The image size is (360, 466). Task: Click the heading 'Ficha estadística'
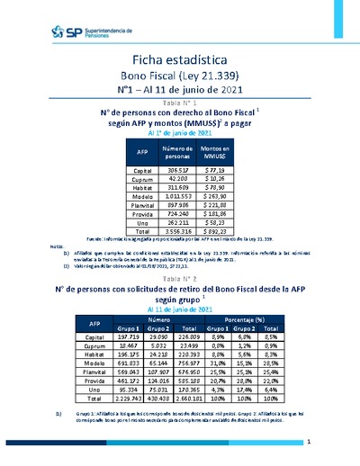pos(181,58)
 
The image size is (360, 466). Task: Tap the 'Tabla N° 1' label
pos(180,104)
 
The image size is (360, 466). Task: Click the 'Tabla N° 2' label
pos(180,280)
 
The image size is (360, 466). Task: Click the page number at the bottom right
pos(309,443)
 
